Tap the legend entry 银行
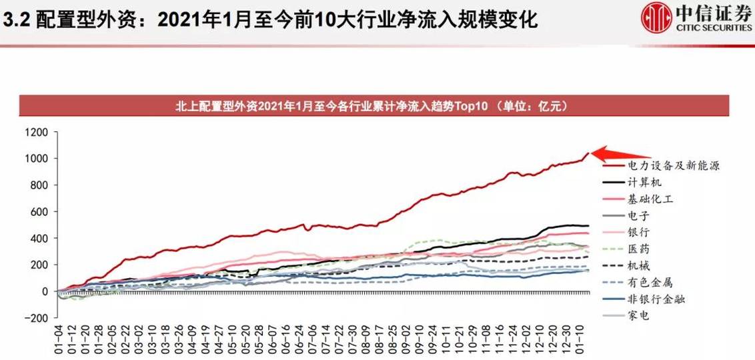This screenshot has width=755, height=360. [x=638, y=232]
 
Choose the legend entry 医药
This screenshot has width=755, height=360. [x=638, y=249]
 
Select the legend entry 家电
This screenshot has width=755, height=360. [x=638, y=317]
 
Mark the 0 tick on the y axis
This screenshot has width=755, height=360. [x=45, y=291]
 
